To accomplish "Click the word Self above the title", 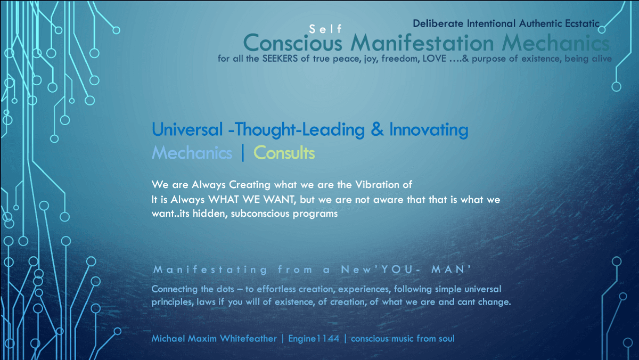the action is coord(325,29).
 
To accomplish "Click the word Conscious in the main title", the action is coord(293,43).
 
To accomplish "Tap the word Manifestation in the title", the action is coord(422,43).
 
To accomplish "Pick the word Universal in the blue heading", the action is coord(187,129).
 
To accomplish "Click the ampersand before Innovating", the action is coord(377,129).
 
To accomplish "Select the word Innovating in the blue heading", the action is coord(429,130).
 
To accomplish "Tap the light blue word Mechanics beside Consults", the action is coord(192,153).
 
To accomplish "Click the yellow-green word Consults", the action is coord(284,153).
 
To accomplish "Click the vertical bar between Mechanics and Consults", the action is coord(243,153).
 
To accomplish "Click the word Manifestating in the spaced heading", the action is coord(210,269).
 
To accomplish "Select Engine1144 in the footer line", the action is coord(314,339).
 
